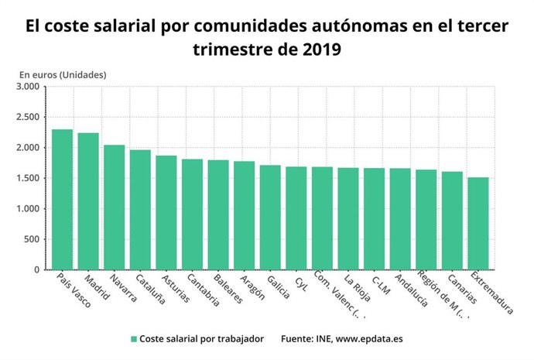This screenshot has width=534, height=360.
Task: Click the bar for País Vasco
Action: coord(62,200)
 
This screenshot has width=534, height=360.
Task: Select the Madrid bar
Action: coord(88,201)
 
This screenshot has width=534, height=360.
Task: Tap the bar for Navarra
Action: coord(114,207)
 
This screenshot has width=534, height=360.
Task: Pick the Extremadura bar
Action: coord(478,224)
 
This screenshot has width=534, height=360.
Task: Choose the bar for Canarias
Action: coord(452,221)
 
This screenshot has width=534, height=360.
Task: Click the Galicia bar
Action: coord(270,218)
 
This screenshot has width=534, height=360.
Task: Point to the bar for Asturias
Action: coord(166,213)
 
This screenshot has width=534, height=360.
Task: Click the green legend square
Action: coord(134,339)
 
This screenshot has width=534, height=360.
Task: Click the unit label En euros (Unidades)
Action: coord(63,74)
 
